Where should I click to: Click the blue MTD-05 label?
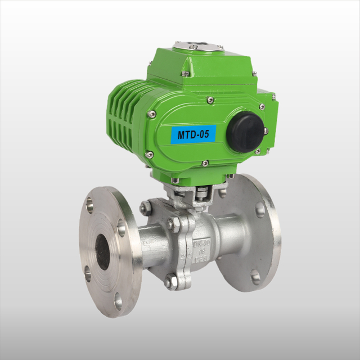click(192, 135)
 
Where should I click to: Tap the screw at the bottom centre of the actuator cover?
click(205, 163)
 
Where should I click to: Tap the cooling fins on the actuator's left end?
click(121, 112)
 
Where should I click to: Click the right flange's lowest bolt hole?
click(255, 276)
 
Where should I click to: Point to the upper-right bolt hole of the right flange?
click(259, 210)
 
